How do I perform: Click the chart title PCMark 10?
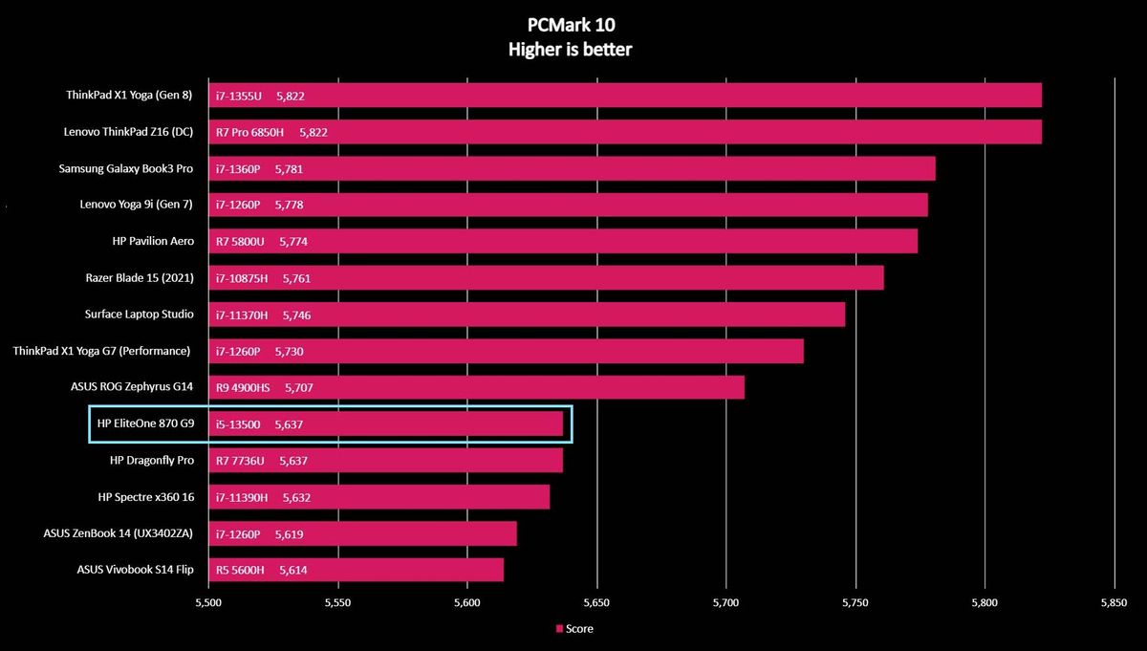pos(571,25)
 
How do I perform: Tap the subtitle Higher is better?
pos(570,50)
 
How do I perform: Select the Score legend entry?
pos(574,628)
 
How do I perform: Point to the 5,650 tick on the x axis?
pos(596,603)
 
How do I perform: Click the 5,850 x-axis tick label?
pos(1114,603)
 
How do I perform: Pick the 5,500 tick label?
pos(208,603)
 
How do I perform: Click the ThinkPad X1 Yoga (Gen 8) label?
pos(129,95)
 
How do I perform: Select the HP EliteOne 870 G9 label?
pos(145,423)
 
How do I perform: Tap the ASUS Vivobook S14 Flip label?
pos(135,570)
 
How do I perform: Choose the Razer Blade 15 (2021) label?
pos(140,277)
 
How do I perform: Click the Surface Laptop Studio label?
pos(139,314)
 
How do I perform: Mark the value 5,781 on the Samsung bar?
pos(289,169)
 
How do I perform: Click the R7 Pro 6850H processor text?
pos(249,132)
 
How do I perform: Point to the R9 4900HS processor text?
pos(242,388)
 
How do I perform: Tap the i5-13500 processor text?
pos(238,424)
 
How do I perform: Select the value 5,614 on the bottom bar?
pos(292,570)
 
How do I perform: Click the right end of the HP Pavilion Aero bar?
pos(917,241)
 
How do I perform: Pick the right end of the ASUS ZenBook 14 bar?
pos(516,533)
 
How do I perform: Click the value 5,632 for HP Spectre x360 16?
pos(296,497)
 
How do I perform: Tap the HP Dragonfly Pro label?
pos(152,460)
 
